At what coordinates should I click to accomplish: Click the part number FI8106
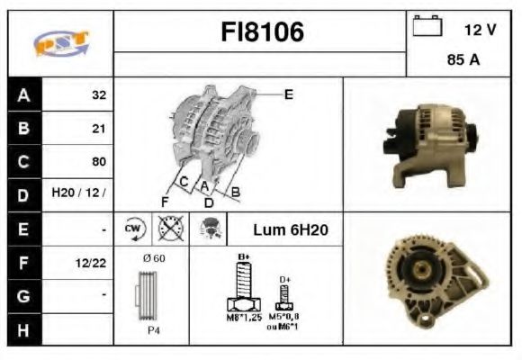coord(262,32)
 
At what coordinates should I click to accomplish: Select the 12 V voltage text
coord(480,30)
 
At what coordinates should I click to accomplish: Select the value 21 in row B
coord(98,129)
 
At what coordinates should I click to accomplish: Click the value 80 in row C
coord(98,162)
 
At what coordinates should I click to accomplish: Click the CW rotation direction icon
coord(134,229)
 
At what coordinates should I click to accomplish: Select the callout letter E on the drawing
coord(289,93)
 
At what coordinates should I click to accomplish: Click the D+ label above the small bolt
coord(284,280)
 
